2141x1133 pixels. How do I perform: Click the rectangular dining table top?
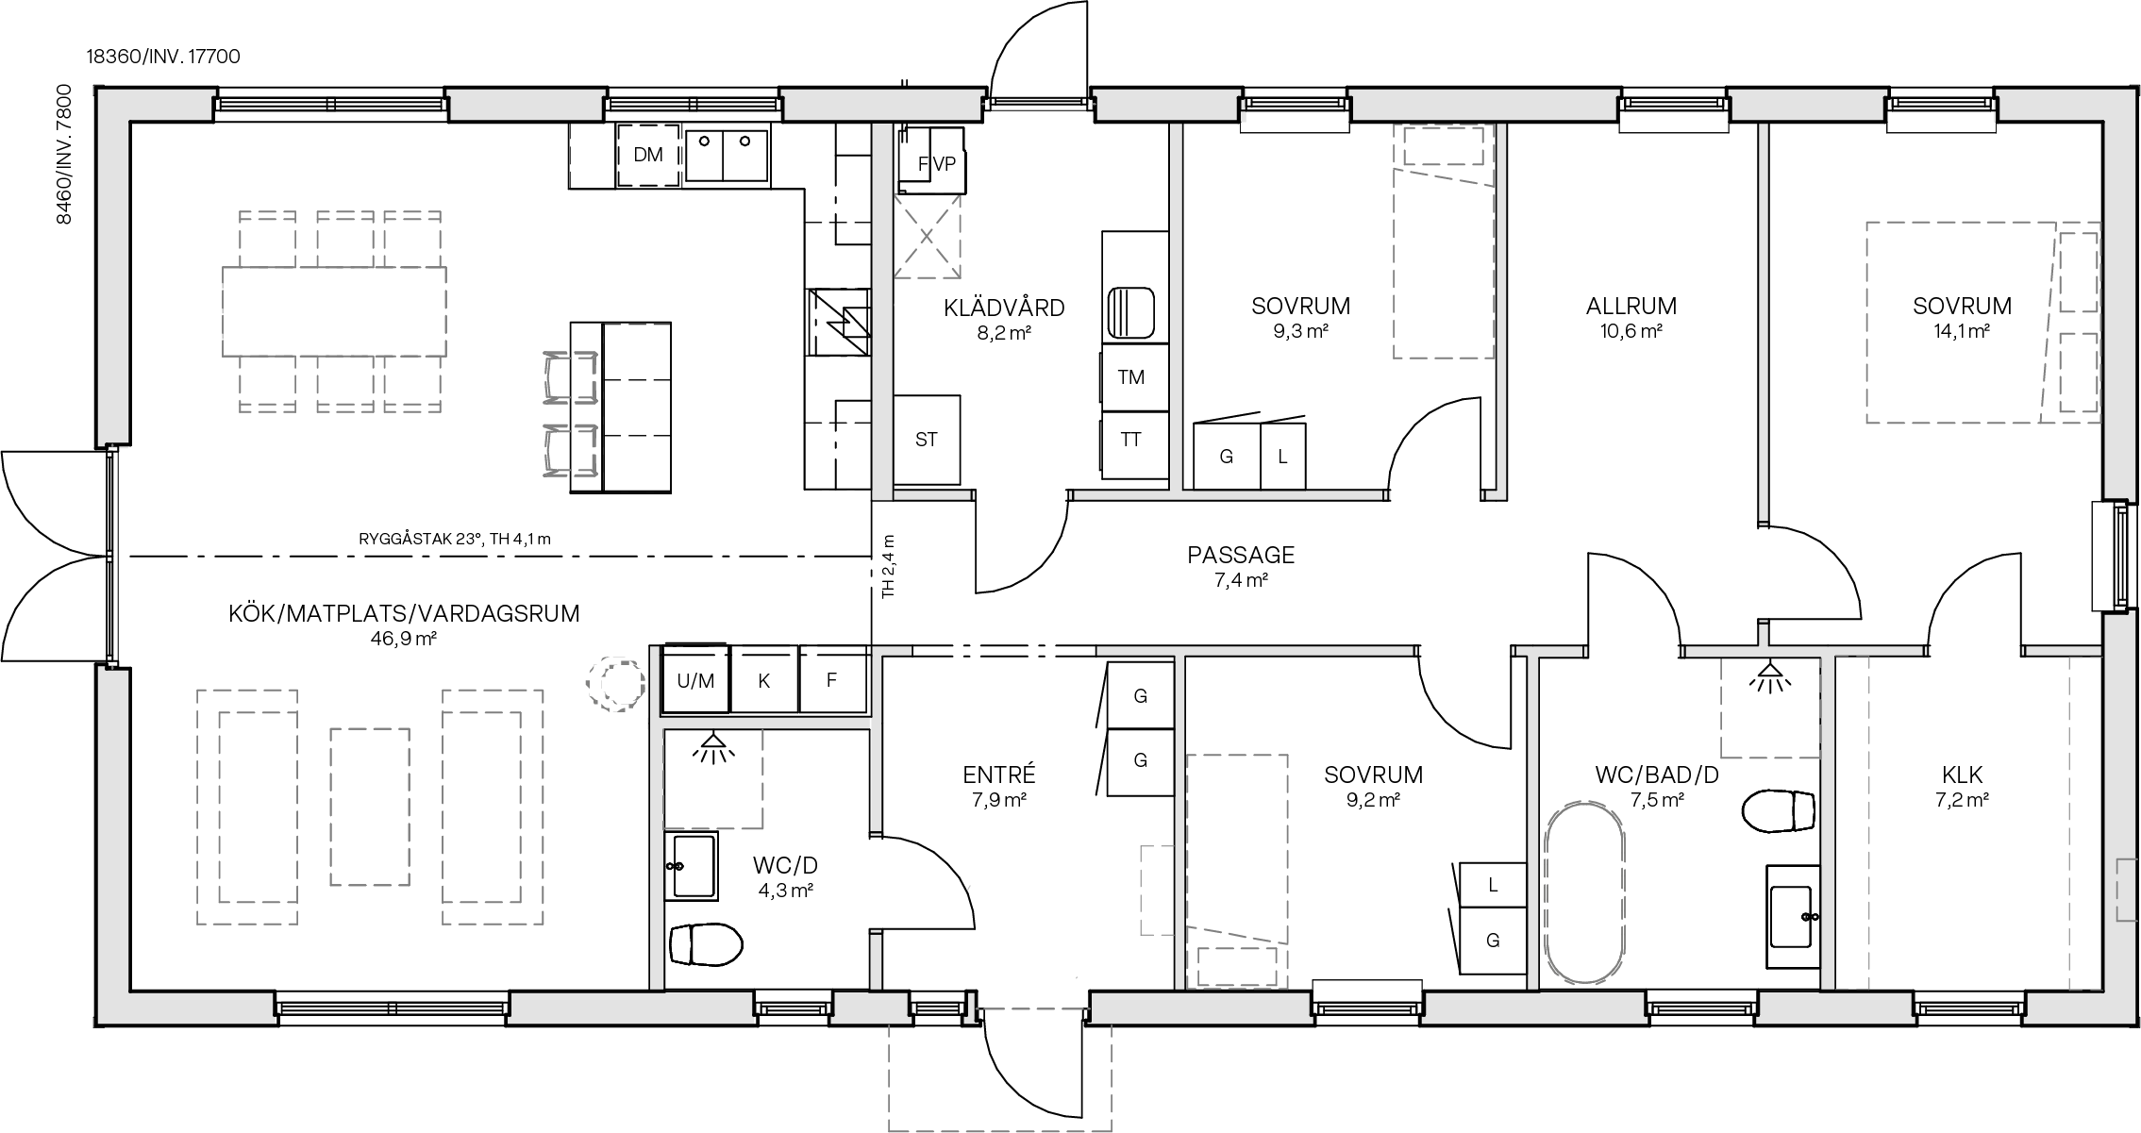[x=334, y=311]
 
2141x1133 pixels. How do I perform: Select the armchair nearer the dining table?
[x=571, y=377]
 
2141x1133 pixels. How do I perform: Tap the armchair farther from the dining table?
[x=571, y=450]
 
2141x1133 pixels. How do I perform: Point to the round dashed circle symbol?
[x=617, y=683]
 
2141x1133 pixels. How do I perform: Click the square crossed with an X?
[x=927, y=236]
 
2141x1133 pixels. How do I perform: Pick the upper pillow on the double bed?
[x=2078, y=272]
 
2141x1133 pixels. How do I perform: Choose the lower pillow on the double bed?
[x=2078, y=372]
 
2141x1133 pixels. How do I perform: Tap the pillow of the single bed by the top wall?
[x=1443, y=146]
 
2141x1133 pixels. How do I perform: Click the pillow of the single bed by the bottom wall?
[x=1237, y=966]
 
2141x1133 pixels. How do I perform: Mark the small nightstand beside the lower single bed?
[x=1157, y=891]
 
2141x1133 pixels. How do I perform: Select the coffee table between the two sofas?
[x=370, y=807]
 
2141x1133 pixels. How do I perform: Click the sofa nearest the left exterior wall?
[x=247, y=807]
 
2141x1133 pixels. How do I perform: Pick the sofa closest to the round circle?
[x=493, y=807]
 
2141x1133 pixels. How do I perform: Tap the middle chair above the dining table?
[x=344, y=240]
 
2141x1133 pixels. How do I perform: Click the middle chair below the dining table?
[x=344, y=383]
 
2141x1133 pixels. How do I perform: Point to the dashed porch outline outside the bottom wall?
[x=1000, y=1075]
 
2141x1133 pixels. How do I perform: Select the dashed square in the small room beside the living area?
[x=713, y=779]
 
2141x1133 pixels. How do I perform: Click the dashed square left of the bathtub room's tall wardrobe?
[x=1770, y=708]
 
